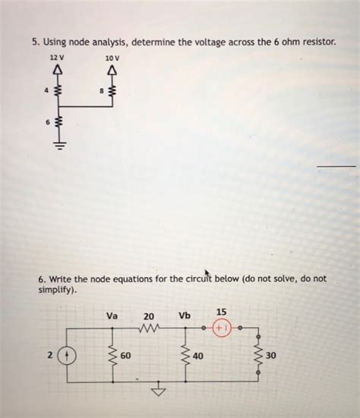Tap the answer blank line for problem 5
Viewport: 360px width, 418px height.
[x=335, y=165]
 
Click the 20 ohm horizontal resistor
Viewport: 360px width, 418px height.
[x=149, y=329]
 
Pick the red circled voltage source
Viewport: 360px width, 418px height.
[x=222, y=330]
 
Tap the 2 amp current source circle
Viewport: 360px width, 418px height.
[x=68, y=354]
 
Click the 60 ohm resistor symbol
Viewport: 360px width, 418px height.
[x=112, y=354]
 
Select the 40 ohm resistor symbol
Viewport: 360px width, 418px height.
[x=185, y=354]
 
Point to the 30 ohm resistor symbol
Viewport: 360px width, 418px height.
[x=257, y=354]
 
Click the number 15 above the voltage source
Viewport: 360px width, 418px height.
[x=221, y=312]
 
